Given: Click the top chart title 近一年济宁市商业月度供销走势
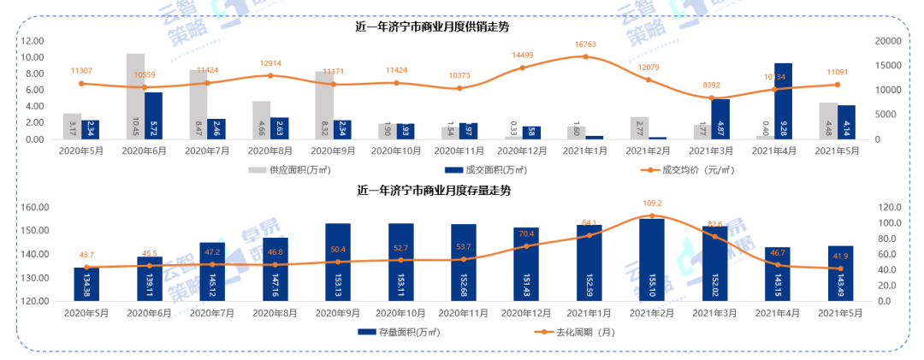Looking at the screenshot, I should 432,27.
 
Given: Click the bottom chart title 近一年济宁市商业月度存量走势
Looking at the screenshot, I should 432,190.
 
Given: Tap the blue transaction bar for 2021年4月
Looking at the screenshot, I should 783,101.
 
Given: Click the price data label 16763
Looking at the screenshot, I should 585,44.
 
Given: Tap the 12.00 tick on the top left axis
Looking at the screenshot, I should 33,41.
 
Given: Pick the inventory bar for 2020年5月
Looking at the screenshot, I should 86,284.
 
